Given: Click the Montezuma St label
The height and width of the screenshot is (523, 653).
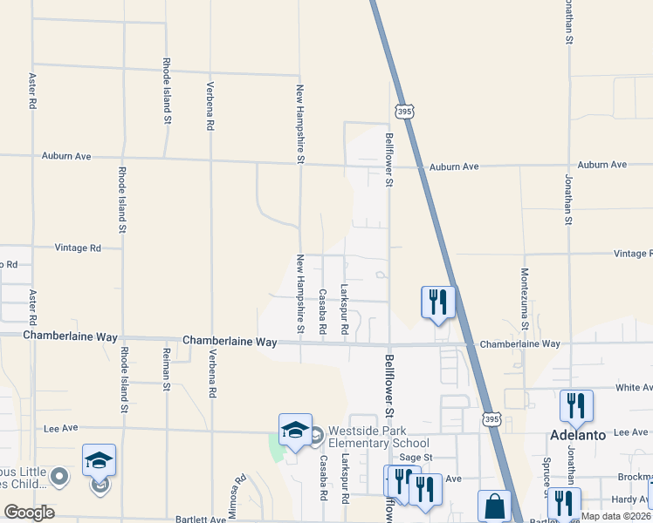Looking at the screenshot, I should click(x=526, y=299).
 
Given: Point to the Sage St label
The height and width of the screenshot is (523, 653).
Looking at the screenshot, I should click(x=416, y=457).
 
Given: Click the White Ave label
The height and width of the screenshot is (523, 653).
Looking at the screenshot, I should click(x=634, y=387).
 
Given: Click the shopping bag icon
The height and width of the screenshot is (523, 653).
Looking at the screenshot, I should click(x=494, y=506).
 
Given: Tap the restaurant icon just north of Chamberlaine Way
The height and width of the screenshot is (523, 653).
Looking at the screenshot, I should click(x=437, y=302).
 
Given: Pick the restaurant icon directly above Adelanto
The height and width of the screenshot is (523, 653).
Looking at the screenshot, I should click(x=576, y=405).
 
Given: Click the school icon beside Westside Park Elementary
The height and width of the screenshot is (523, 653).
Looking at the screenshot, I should click(x=295, y=430).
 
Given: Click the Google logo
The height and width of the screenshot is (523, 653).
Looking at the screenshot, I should click(x=29, y=513).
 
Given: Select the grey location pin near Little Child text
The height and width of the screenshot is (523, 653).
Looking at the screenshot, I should click(x=59, y=476).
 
